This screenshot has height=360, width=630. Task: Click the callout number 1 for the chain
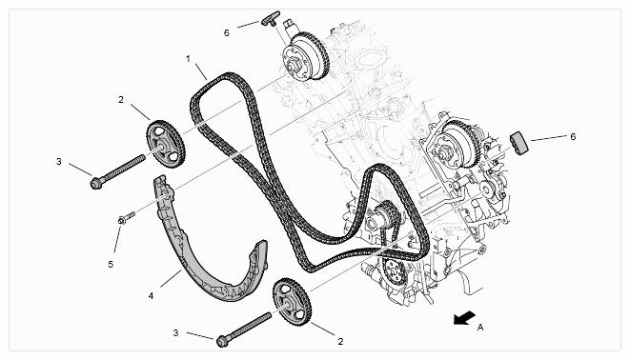point(188,59)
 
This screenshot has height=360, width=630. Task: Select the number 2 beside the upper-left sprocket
point(121,100)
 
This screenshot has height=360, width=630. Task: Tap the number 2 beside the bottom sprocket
point(340,342)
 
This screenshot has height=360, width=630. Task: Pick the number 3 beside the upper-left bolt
point(59,161)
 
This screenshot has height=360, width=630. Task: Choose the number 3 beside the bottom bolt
point(175,332)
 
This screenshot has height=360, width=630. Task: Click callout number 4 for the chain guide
point(151,296)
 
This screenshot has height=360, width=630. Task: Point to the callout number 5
point(111,265)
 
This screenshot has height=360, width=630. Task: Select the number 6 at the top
point(227,33)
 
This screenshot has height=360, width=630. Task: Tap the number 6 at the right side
point(573,136)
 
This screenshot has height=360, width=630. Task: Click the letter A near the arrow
point(480,328)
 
